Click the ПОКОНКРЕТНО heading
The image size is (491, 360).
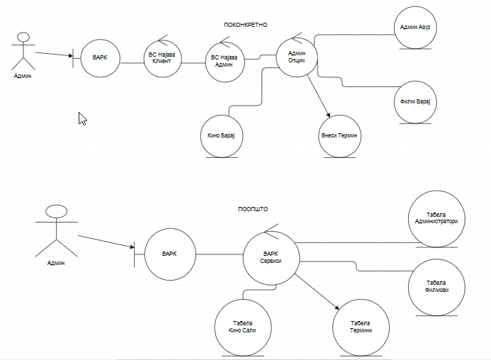[x=245, y=24]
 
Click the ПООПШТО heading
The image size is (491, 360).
[x=253, y=209]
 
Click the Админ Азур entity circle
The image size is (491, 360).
[x=415, y=28]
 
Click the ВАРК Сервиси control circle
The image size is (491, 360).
[x=271, y=257]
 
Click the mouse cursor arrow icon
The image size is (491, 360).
[x=82, y=118]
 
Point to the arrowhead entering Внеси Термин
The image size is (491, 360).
[x=328, y=116]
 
